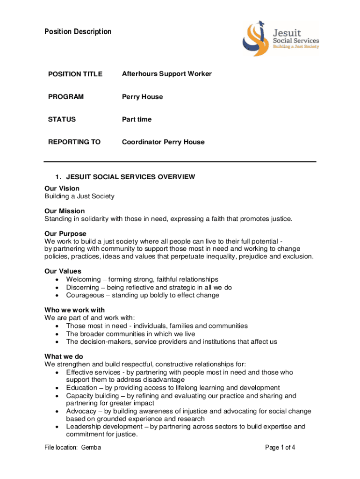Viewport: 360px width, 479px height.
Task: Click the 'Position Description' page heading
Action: point(78,32)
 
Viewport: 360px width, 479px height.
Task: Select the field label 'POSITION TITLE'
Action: point(75,74)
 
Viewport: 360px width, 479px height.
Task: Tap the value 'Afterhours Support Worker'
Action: point(167,74)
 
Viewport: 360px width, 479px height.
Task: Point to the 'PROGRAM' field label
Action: point(66,97)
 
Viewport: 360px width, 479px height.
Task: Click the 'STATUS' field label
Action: point(62,119)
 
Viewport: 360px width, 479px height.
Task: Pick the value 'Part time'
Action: point(137,119)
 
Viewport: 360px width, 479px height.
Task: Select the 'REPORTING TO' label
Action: point(74,142)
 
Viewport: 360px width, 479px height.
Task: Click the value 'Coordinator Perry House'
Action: point(163,142)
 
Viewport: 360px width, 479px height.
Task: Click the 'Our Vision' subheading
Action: point(62,189)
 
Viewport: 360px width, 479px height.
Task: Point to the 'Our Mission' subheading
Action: point(65,211)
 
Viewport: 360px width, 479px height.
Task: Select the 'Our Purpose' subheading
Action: point(65,233)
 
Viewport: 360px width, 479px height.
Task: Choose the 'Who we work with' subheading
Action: point(74,310)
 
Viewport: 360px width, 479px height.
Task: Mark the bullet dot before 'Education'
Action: point(57,388)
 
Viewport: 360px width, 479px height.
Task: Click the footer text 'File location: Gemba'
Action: point(73,448)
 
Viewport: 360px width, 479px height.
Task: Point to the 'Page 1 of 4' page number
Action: point(280,448)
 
